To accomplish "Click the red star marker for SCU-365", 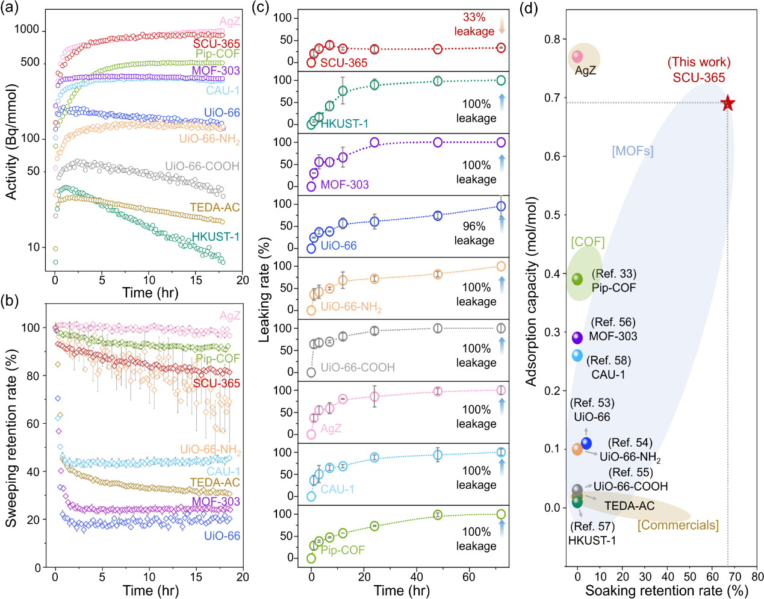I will pos(728,103).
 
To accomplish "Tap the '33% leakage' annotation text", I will pos(474,24).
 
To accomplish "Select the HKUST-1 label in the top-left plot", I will pos(215,237).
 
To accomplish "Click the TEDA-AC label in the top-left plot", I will pos(214,208).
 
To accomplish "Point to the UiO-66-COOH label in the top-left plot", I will pos(202,166).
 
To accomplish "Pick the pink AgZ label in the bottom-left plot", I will pos(230,315).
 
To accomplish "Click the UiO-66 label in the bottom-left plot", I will pos(222,536).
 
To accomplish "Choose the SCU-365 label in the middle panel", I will pos(343,63).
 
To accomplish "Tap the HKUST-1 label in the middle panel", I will pos(344,124).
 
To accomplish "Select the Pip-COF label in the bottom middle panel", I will pos(343,550).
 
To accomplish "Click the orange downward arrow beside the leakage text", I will pos(502,25).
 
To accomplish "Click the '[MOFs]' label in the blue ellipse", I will pos(632,151).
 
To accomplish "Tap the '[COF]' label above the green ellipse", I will pos(588,242).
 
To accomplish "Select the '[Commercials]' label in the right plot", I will pos(678,525).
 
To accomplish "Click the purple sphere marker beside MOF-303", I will pos(577,337).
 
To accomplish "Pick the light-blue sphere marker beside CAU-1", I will pos(577,355).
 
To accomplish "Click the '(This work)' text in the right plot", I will pos(699,63).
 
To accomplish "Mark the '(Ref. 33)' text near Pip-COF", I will pos(613,274).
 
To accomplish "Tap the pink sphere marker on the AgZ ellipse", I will pos(577,57).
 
